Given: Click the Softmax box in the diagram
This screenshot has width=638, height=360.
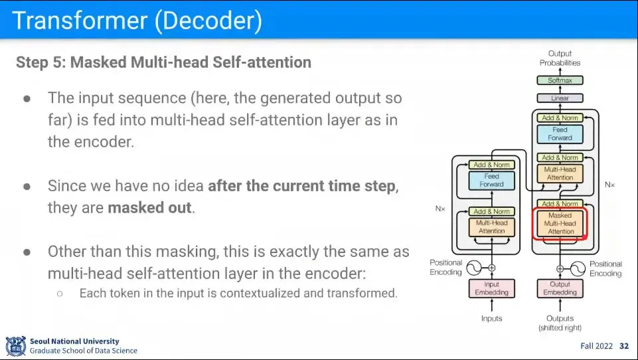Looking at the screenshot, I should click(560, 80).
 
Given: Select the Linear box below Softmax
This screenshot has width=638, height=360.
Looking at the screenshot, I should click(560, 98).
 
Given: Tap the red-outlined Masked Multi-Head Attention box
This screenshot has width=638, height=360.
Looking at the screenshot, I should click(560, 224).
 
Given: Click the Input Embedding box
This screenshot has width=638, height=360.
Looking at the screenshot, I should click(491, 289).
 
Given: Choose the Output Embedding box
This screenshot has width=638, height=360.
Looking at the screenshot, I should click(560, 289).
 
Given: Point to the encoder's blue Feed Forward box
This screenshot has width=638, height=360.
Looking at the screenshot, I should click(491, 180).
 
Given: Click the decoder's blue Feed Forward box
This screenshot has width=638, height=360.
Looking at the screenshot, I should click(560, 134).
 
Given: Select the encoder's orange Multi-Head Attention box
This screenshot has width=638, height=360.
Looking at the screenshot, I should click(491, 226).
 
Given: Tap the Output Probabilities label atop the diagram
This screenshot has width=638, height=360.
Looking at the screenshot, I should click(560, 58).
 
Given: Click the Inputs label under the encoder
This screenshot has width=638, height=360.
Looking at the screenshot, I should click(491, 319).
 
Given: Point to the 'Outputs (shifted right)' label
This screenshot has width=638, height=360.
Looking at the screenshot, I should click(560, 323).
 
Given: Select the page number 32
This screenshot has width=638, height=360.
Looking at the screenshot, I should click(623, 346).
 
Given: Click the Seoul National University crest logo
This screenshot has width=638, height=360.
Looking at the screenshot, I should click(15, 345).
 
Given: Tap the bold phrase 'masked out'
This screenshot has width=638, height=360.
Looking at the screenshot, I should click(150, 207).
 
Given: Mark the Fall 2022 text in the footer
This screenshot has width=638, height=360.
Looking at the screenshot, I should click(596, 346).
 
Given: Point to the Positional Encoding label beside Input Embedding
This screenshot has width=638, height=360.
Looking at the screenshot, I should click(446, 268).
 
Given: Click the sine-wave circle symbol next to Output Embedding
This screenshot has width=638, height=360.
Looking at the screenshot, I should click(578, 268).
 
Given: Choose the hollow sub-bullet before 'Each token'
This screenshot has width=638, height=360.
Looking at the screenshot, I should click(60, 292).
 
